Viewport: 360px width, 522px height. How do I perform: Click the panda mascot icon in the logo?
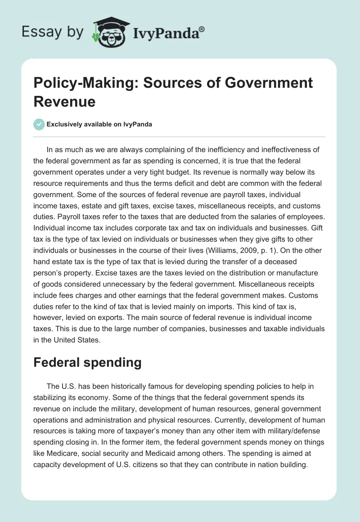(109, 32)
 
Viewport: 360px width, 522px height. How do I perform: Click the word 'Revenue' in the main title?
(64, 101)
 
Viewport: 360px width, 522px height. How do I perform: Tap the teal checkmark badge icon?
(39, 124)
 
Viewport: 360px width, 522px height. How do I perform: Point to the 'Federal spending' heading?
(87, 363)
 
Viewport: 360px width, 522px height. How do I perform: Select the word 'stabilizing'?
(54, 397)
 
